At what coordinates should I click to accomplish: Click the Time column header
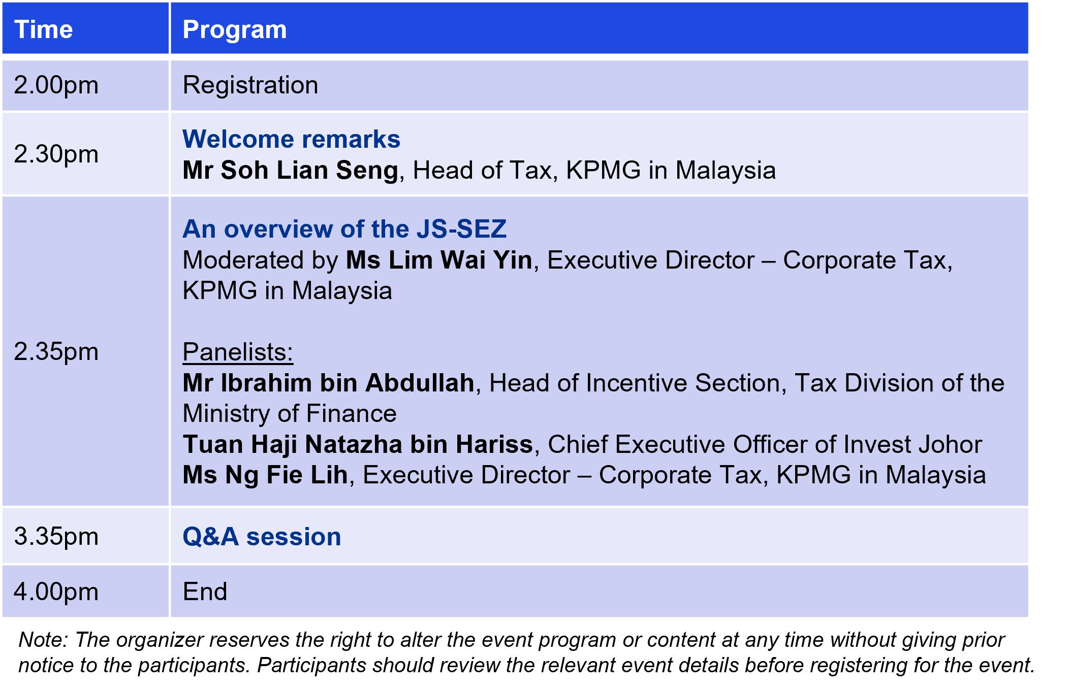[x=44, y=29]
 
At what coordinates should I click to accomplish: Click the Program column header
[x=235, y=29]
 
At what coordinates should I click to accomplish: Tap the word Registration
[x=250, y=85]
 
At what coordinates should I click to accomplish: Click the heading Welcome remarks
[x=292, y=139]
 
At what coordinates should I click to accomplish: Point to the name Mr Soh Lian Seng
[x=290, y=170]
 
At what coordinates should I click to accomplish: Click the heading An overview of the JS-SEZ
[x=344, y=229]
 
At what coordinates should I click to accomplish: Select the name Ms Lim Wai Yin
[x=439, y=260]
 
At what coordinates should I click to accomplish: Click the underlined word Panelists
[x=238, y=352]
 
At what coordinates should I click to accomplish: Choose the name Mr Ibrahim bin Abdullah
[x=328, y=383]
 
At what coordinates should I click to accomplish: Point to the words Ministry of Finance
[x=290, y=413]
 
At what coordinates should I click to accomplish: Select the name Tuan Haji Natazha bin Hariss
[x=358, y=444]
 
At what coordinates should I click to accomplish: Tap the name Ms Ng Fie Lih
[x=265, y=475]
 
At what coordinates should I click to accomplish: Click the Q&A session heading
[x=262, y=537]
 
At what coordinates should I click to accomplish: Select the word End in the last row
[x=205, y=592]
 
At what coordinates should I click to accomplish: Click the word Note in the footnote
[x=42, y=640]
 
